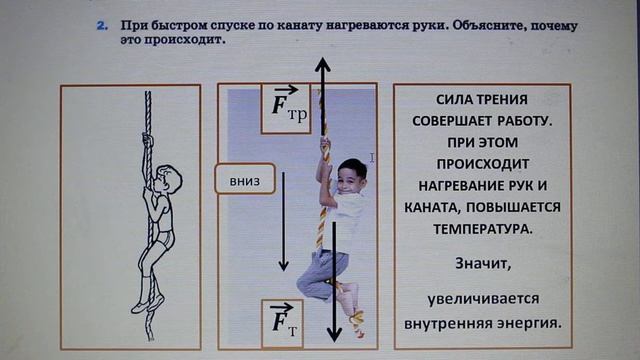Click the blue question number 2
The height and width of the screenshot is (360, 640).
[x=101, y=23]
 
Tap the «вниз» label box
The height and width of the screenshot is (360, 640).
[x=244, y=181]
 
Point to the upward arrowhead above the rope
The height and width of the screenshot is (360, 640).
[x=322, y=68]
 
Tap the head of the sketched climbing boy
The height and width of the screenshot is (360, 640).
[x=169, y=183]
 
